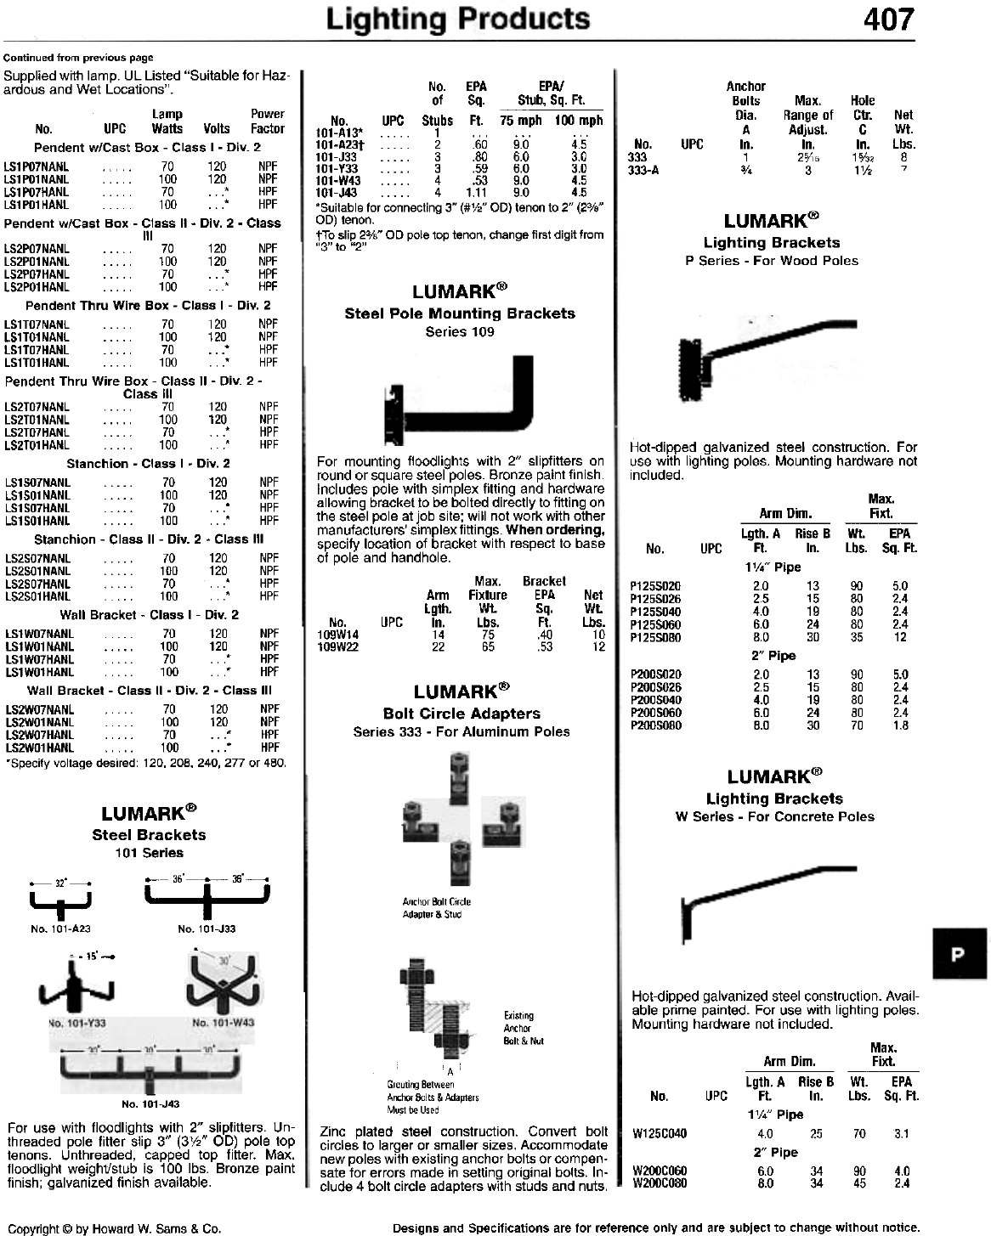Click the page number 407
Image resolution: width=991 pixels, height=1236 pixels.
click(x=888, y=19)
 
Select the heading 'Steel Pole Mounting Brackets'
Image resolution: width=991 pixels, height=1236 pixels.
click(x=460, y=313)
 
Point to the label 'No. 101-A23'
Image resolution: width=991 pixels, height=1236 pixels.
click(x=60, y=929)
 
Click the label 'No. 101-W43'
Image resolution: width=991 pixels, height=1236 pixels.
click(x=224, y=1022)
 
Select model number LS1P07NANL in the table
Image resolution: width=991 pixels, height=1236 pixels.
click(x=37, y=166)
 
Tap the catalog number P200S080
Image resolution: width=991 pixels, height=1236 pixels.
click(x=655, y=725)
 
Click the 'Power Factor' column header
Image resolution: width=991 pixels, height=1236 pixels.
click(x=268, y=121)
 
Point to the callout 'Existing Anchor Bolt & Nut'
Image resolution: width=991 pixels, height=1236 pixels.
click(x=524, y=1028)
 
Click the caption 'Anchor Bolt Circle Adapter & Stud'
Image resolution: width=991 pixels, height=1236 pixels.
click(x=436, y=907)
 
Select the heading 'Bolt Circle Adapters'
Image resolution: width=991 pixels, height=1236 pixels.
click(x=462, y=714)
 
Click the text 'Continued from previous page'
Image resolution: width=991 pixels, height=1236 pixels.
click(x=78, y=58)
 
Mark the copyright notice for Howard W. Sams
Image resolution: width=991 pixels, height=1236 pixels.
click(x=113, y=1228)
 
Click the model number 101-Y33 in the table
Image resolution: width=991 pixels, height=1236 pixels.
click(x=337, y=168)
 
